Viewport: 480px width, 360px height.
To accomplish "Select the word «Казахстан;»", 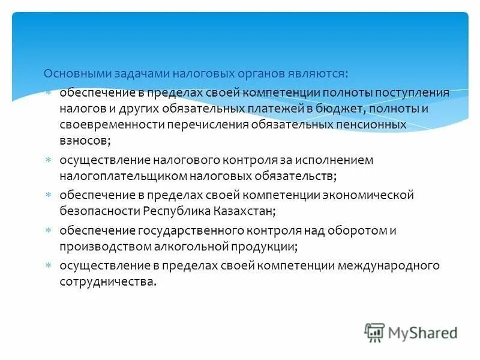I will click(x=245, y=211).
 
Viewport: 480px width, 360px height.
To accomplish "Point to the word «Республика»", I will click(x=175, y=211).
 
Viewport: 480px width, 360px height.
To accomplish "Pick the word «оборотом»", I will click(x=357, y=231).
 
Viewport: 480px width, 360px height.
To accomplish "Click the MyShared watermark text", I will click(x=423, y=332).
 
